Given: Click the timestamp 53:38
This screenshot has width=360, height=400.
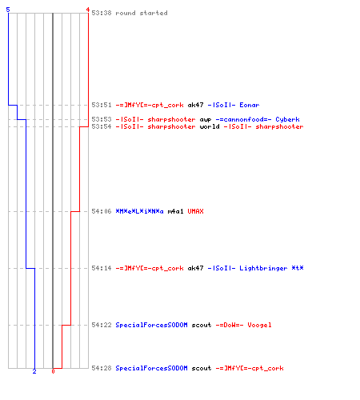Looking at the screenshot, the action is click(x=102, y=13).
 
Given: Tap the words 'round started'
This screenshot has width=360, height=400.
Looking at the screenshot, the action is click(x=142, y=13).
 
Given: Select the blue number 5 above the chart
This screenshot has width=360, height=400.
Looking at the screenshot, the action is click(x=8, y=10).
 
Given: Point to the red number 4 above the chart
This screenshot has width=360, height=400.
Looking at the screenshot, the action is click(x=88, y=10).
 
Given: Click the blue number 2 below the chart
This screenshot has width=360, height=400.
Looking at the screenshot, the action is click(x=34, y=371).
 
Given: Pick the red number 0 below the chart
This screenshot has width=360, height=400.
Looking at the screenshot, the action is click(x=53, y=371).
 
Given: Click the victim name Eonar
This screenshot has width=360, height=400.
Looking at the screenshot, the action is click(x=250, y=105).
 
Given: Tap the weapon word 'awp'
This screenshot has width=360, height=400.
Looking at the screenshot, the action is click(x=206, y=119).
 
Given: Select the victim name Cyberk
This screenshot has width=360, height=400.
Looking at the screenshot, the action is click(x=287, y=119).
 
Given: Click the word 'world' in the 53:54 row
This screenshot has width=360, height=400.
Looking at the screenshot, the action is click(x=210, y=126).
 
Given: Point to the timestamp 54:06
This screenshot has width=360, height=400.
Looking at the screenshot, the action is click(x=102, y=211).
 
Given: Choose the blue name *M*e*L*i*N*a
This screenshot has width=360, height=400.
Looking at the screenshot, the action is click(x=139, y=211).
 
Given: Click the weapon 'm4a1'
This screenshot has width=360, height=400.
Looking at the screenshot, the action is click(x=175, y=211).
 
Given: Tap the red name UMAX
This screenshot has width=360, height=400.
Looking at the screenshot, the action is click(x=195, y=211).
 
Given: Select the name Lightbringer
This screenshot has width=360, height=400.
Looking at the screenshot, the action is click(x=263, y=268).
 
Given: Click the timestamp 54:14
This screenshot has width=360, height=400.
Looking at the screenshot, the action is click(x=102, y=268).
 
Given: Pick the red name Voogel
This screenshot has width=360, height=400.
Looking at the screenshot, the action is click(x=259, y=325).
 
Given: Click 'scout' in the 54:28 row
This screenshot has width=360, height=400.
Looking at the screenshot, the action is click(x=202, y=368).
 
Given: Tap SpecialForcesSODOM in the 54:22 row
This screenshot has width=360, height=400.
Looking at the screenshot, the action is click(x=151, y=325).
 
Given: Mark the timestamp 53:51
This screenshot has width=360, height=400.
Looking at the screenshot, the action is click(x=102, y=105).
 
